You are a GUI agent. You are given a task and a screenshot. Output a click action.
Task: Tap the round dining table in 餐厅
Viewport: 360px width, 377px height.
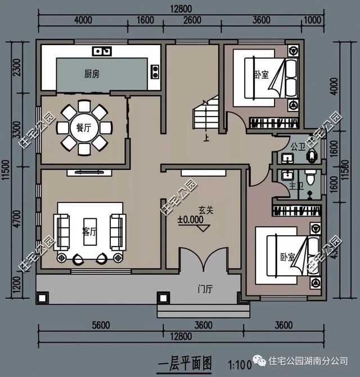(x=83, y=127)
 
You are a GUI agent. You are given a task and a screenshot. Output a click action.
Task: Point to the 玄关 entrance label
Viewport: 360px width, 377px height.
(x=205, y=210)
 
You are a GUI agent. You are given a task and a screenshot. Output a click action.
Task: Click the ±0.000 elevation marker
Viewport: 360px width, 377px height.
(x=191, y=221)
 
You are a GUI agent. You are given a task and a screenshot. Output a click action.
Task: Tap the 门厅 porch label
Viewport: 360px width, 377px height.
(x=205, y=289)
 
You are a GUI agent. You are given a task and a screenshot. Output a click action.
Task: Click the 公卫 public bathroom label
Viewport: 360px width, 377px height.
(x=298, y=147)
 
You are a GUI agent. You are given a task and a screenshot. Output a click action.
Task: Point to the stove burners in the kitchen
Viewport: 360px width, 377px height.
(x=154, y=71)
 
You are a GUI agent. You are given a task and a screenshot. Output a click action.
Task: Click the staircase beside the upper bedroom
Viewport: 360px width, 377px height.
(x=206, y=115)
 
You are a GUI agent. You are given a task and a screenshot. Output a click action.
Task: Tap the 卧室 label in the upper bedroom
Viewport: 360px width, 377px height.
(x=260, y=74)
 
